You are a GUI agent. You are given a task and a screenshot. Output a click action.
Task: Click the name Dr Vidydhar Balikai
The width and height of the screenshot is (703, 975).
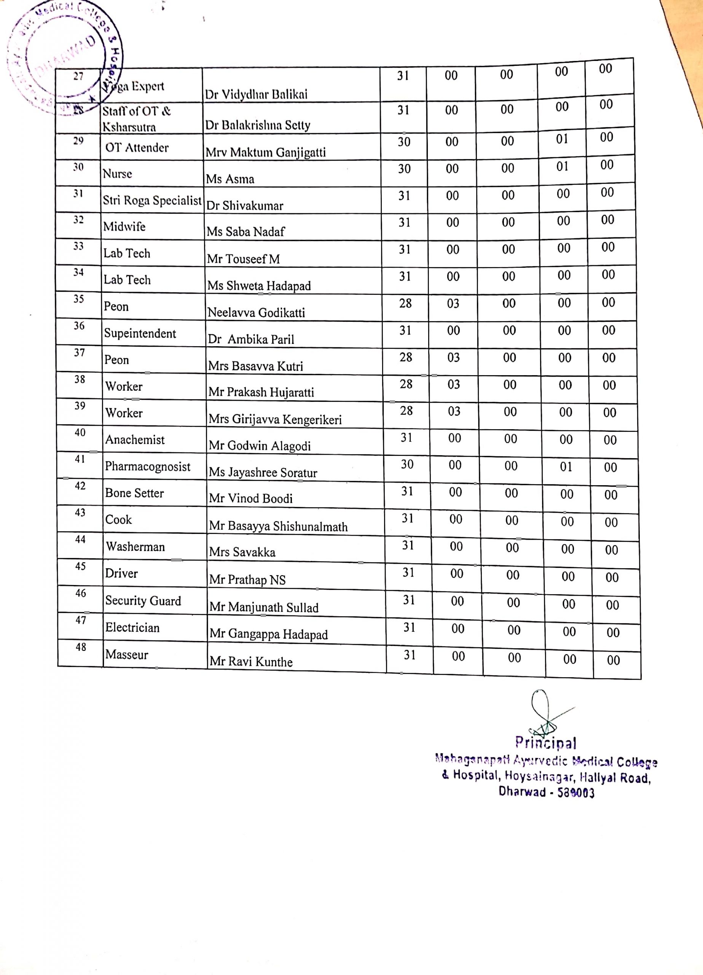coord(256,94)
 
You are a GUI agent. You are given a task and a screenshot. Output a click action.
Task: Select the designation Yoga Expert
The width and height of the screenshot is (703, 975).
coord(133,86)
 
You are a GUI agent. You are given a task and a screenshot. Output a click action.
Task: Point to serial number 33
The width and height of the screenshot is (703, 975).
coord(78,246)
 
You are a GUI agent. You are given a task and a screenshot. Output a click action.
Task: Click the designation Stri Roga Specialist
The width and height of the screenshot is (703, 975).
coord(152,200)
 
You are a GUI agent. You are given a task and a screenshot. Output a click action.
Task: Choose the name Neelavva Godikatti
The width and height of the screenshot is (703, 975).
coord(256,313)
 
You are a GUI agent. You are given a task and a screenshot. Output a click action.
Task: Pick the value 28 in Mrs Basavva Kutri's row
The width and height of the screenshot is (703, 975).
coord(406,357)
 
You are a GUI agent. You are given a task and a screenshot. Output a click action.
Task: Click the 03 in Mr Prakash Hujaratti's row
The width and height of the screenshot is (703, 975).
coord(454,384)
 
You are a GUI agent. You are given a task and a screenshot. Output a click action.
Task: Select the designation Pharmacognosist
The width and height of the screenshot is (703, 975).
coord(147,467)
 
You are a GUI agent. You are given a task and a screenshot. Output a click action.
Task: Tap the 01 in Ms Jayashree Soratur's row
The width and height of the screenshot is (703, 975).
coord(566,467)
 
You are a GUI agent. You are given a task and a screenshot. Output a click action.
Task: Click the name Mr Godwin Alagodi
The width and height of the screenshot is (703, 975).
coord(260,446)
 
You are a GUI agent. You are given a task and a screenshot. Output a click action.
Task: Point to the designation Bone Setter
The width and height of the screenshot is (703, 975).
coord(134,493)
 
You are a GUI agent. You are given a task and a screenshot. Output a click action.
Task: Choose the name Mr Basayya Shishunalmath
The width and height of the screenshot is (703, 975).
coord(278,527)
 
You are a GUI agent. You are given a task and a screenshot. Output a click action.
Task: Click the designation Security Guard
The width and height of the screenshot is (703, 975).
coord(143,601)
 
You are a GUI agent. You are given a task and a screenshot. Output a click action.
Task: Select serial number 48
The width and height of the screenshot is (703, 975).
coord(81,647)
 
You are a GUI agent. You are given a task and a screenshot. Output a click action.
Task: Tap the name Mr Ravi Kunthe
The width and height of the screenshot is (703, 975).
coord(251,662)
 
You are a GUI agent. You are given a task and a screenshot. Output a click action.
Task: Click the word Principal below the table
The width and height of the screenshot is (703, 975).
coord(546,743)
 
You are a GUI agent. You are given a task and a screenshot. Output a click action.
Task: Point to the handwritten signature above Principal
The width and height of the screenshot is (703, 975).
coord(544,714)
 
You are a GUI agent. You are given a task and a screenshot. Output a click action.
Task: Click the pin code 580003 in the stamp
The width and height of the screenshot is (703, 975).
coord(576,792)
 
